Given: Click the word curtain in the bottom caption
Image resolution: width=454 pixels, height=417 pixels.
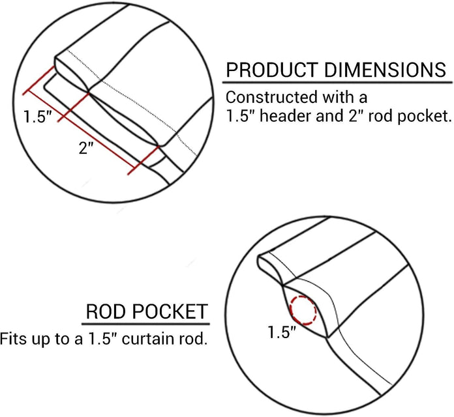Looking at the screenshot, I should tap(151, 339).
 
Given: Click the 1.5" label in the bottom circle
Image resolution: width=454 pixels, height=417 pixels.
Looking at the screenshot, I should tap(282, 332).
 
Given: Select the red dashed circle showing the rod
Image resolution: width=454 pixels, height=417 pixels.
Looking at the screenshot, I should tap(303, 309).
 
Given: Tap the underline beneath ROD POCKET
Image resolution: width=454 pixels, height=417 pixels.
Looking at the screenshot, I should tap(147, 324).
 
